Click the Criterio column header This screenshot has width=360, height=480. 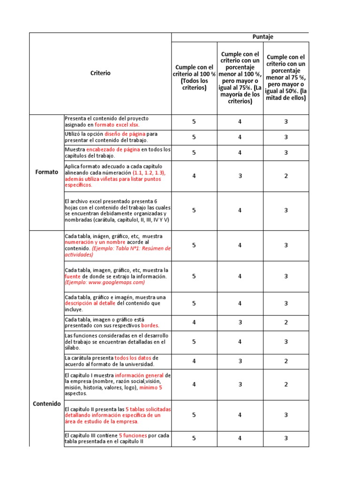tap(101, 73)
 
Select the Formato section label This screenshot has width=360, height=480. tap(47, 172)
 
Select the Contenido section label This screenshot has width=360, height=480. tap(47, 403)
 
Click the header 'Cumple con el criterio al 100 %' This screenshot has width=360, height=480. tap(194, 77)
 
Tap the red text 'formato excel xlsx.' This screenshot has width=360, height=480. tap(117, 125)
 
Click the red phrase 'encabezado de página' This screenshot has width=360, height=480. tap(113, 150)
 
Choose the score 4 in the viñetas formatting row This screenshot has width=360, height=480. tap(194, 176)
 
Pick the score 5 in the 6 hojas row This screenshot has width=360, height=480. tap(194, 210)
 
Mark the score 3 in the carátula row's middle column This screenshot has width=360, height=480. tap(240, 361)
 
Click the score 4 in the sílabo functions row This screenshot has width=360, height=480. tap(240, 342)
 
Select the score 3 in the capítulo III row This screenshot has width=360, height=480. tap(286, 438)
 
